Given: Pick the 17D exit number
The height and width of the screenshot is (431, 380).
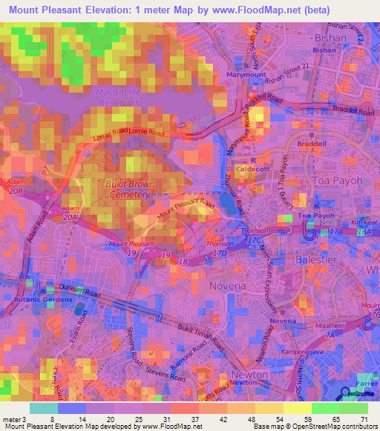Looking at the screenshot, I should [x=219, y=253].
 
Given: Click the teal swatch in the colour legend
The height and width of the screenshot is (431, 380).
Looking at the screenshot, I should [x=43, y=408].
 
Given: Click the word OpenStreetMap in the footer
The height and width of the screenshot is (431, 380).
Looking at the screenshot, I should [x=322, y=427].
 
